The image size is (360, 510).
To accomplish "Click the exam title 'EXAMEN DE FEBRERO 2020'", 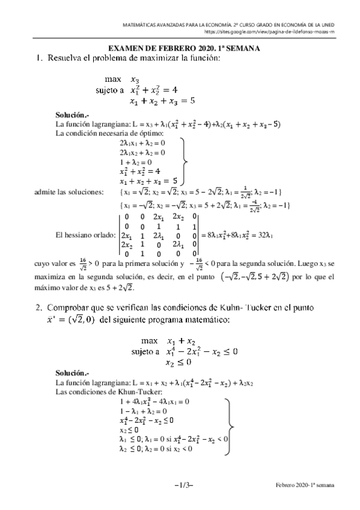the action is pos(162,50).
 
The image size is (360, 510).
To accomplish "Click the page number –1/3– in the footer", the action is pos(184,484).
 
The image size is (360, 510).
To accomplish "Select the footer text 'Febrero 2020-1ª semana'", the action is pos(306,484).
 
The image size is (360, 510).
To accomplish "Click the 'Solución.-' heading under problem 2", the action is pos(72,373).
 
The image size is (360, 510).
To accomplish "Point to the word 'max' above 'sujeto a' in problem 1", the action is pos(113,78).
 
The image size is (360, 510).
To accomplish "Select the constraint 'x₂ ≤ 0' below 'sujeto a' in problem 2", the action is pos(178,363).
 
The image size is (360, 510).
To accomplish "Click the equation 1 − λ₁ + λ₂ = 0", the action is pos(146,410).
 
